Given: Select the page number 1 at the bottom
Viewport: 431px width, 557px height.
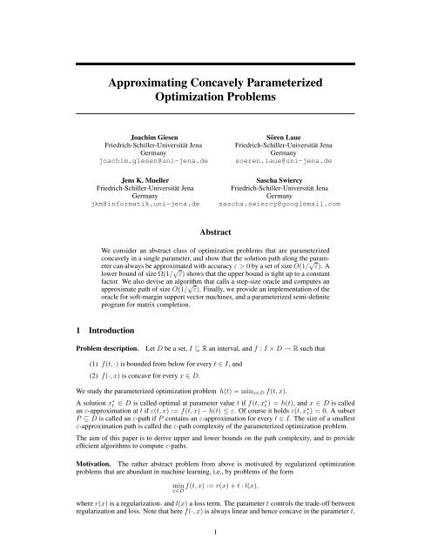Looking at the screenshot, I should coord(215,545).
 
